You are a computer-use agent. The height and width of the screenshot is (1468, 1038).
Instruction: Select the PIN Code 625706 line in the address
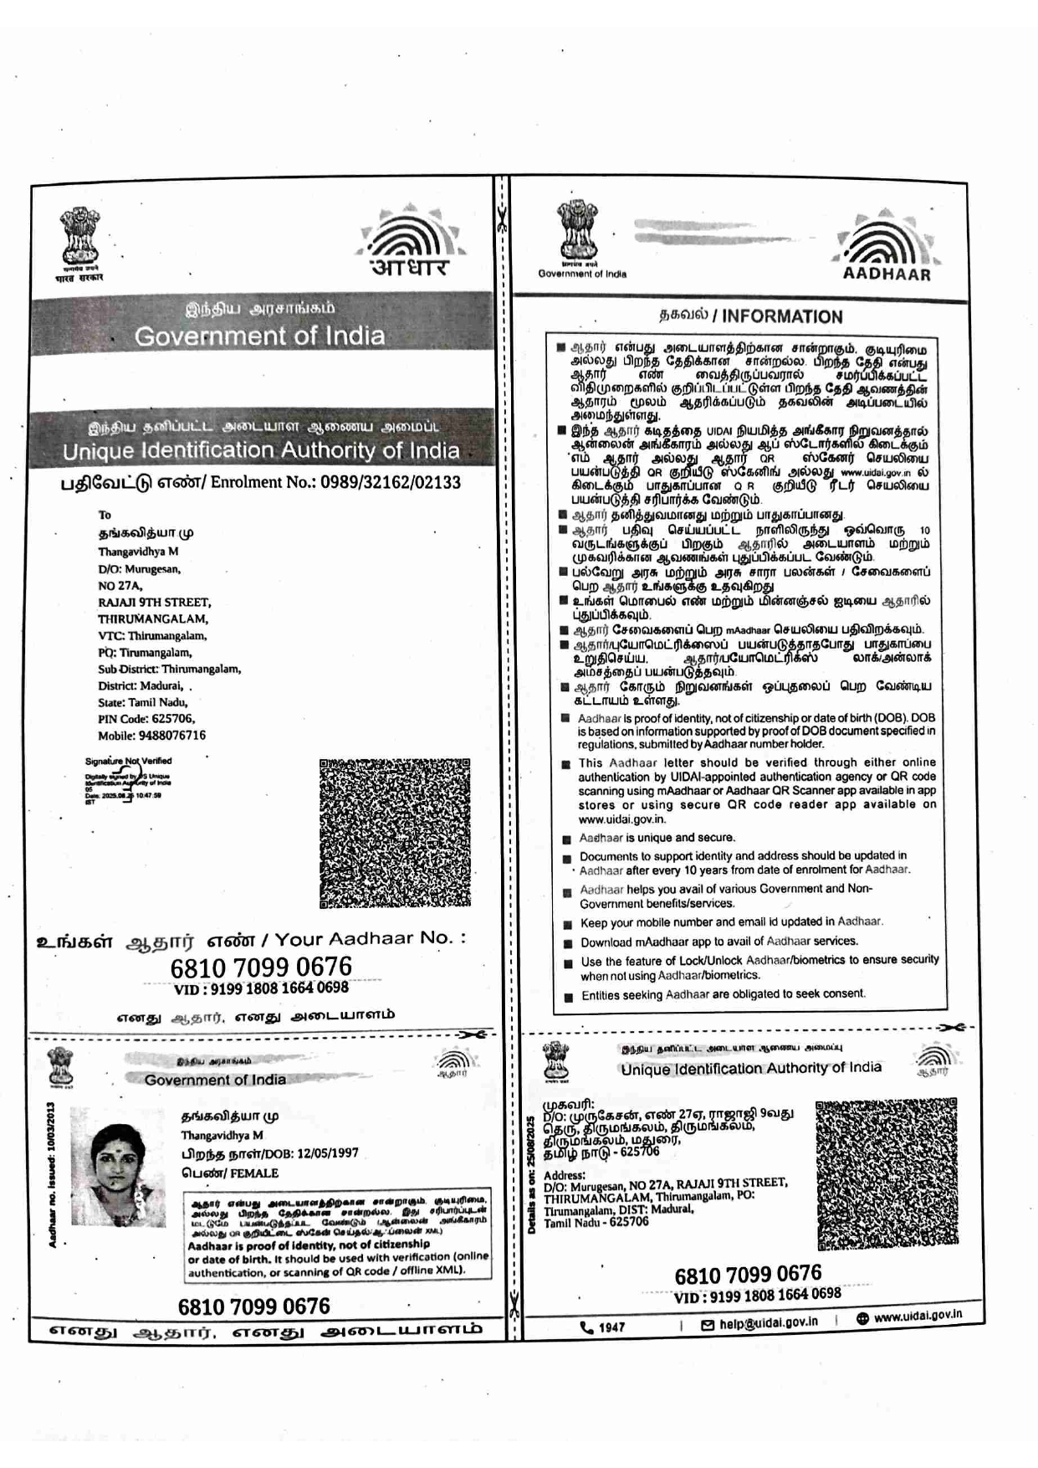146,719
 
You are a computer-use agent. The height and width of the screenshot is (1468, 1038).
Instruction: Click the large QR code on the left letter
395,833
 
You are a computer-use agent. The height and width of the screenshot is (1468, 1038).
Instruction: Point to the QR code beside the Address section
886,1174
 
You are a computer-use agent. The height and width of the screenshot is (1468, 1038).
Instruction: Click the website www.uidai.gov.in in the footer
917,1316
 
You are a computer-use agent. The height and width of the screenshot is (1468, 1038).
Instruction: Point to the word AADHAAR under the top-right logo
886,274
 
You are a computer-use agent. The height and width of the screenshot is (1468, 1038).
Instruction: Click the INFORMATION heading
781,316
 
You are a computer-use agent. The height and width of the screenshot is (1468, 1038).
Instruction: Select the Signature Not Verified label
128,761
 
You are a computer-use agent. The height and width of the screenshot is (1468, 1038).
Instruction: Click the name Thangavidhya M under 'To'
138,552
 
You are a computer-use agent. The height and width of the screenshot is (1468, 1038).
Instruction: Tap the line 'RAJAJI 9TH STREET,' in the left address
154,602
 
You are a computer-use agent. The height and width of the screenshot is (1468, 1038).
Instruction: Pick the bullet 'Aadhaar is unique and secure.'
657,838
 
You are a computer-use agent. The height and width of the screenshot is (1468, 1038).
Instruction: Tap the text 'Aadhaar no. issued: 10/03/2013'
52,1174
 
